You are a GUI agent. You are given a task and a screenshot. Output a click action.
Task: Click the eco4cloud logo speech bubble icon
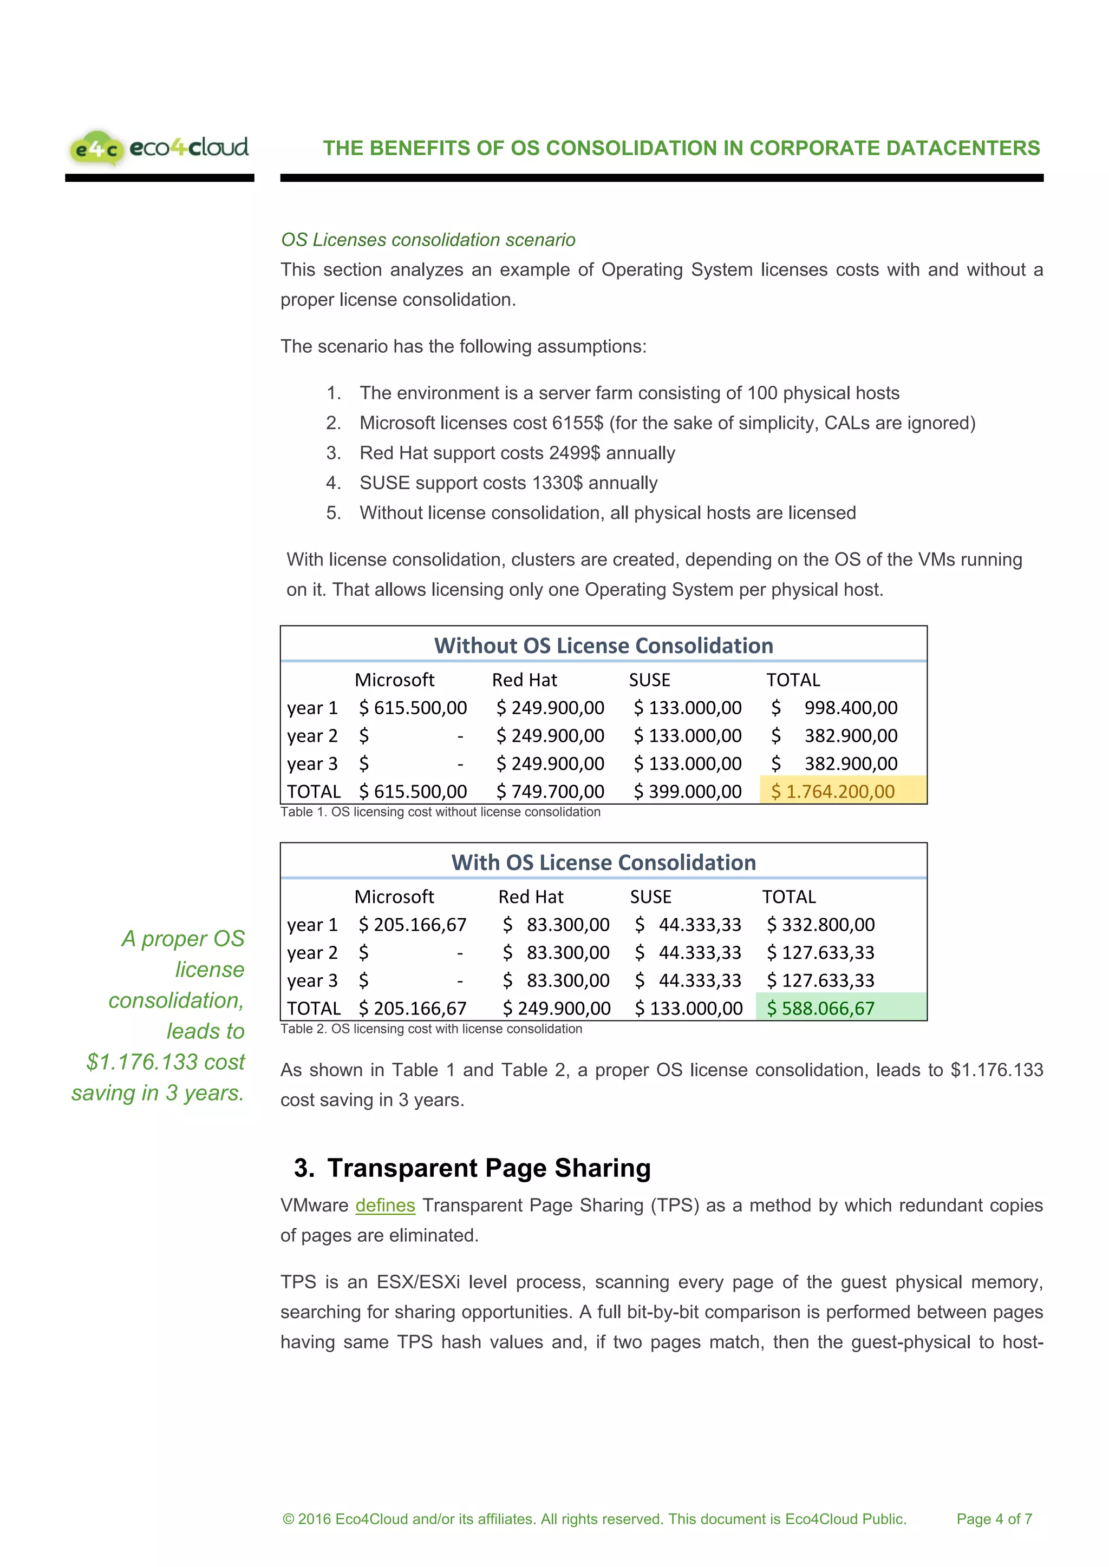point(96,147)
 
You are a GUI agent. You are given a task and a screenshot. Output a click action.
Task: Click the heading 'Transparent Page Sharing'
point(488,1168)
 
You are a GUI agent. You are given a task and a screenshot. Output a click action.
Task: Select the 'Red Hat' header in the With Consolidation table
point(531,897)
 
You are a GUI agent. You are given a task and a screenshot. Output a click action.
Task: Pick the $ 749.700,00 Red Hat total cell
point(550,791)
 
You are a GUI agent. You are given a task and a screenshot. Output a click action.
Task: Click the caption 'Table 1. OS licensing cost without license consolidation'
point(440,812)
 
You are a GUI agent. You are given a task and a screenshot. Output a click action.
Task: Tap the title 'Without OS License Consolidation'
point(604,646)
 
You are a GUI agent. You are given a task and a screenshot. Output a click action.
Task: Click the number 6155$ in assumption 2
point(578,423)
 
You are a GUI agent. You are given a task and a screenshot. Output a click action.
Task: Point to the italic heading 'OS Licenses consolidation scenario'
point(428,240)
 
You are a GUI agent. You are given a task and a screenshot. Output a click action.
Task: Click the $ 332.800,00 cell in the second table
point(821,925)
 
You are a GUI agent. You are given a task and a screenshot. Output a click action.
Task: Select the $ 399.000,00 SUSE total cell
point(688,791)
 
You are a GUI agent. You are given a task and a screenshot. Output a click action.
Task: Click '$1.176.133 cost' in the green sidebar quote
point(165,1062)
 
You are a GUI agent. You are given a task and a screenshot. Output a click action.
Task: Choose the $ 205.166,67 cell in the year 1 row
point(413,925)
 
